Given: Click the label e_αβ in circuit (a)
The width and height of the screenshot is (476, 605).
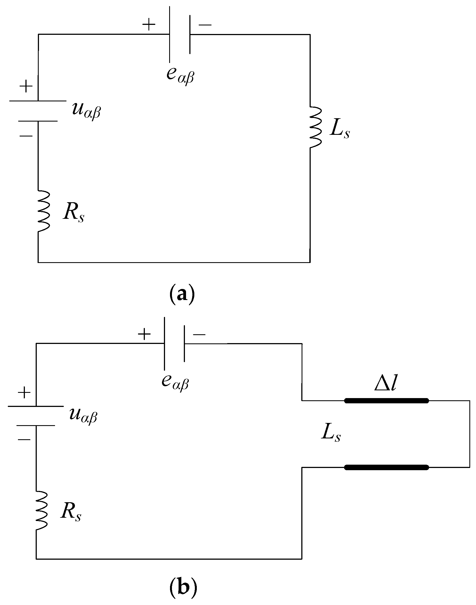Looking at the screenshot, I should pyautogui.click(x=180, y=75).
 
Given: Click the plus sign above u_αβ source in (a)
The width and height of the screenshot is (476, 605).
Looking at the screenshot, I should pyautogui.click(x=26, y=86).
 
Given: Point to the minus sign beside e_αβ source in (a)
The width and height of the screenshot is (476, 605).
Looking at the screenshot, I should pyautogui.click(x=205, y=25).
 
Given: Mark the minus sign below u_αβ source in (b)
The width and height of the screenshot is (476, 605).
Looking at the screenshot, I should pyautogui.click(x=24, y=440).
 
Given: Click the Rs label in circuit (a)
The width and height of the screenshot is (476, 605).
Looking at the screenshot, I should pyautogui.click(x=73, y=213).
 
